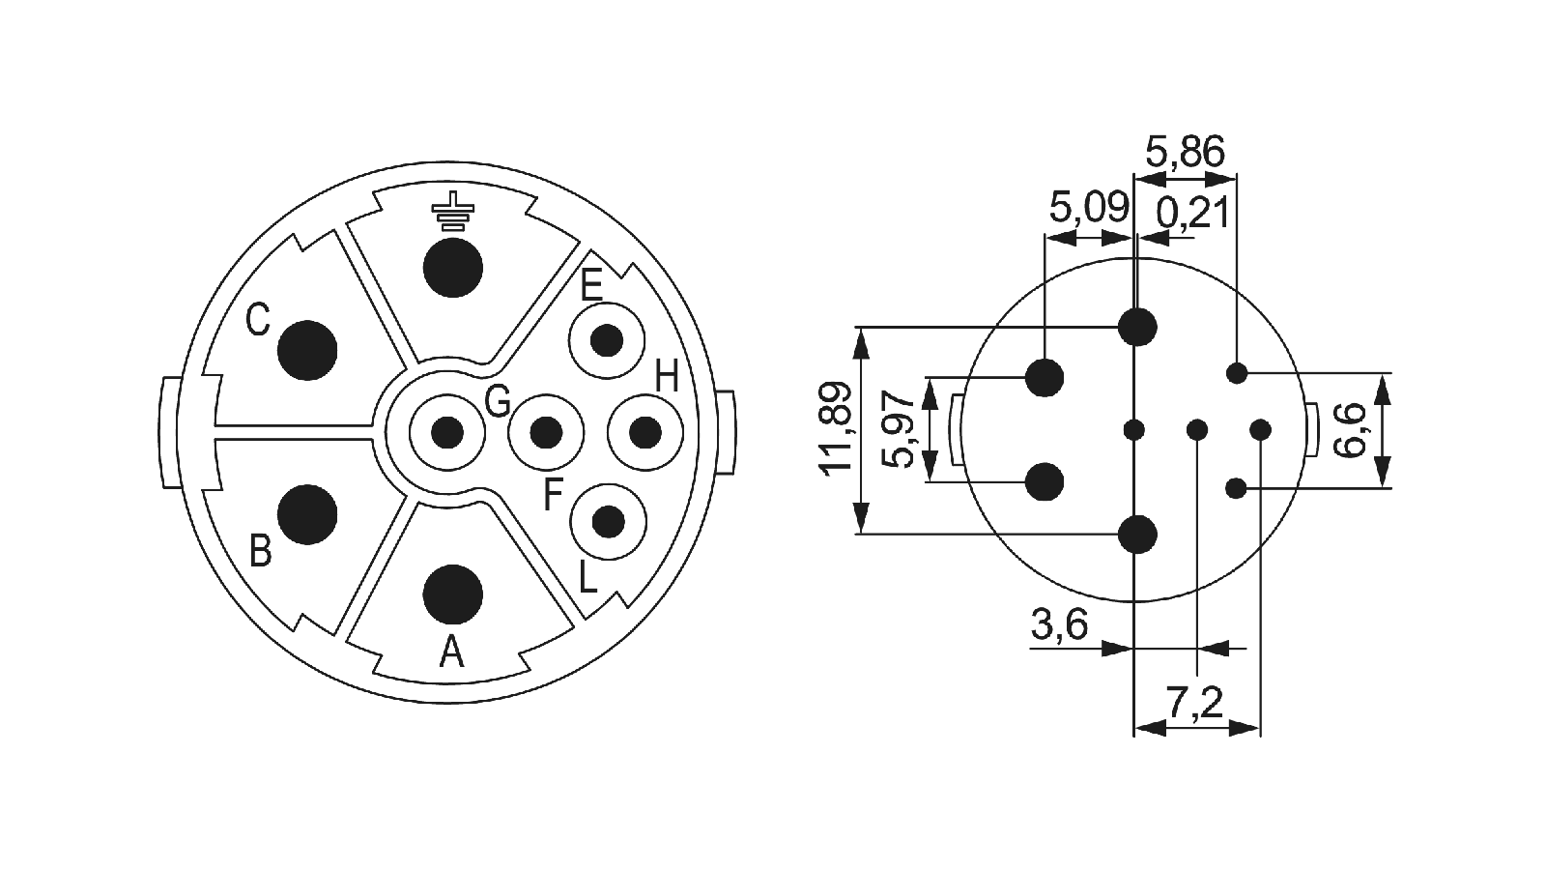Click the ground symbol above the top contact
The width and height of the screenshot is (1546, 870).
(x=452, y=211)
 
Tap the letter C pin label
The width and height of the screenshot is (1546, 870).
(x=258, y=320)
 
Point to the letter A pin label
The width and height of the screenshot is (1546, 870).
(x=452, y=652)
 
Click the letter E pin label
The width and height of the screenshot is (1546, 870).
(x=591, y=286)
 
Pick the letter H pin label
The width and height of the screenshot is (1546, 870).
(x=667, y=379)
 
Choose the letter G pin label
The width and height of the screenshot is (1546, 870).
(x=498, y=401)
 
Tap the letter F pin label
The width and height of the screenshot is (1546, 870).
(x=554, y=494)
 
